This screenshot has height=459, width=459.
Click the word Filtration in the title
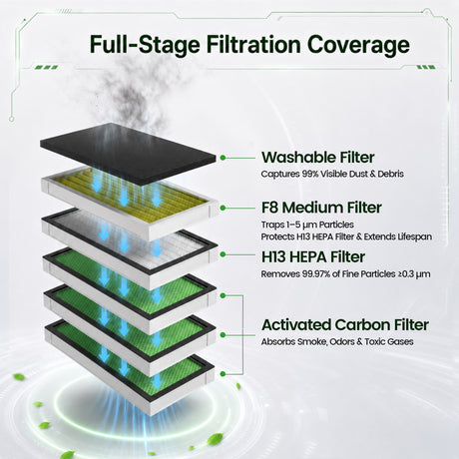[x=253, y=44]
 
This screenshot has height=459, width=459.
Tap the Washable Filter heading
[x=318, y=158]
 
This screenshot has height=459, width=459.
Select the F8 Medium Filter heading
[x=321, y=208]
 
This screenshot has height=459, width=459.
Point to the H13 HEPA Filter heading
[x=313, y=256]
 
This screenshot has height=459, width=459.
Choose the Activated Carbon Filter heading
[x=345, y=325]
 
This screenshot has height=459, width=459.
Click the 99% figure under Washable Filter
[x=310, y=174]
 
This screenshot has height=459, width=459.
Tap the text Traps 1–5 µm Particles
[x=307, y=225]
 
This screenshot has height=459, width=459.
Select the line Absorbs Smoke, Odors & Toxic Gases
[x=337, y=341]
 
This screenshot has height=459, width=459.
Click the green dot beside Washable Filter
[x=223, y=158]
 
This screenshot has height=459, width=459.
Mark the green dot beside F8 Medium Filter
[x=223, y=208]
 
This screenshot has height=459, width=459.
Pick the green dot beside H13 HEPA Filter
[x=223, y=254]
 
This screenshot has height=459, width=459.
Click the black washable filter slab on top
[x=128, y=154]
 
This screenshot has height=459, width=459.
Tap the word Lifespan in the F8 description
[x=415, y=236]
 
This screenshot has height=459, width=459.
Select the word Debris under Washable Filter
[x=394, y=174]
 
